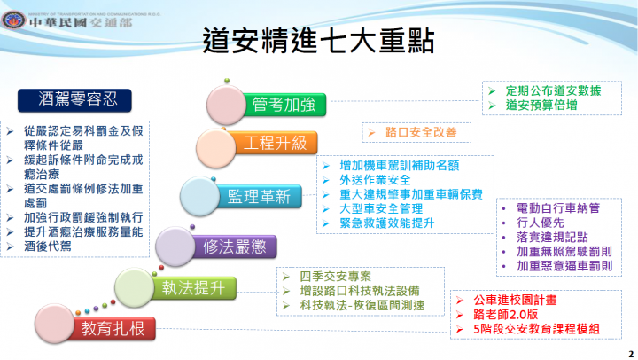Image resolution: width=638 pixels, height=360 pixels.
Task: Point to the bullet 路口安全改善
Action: (417, 133)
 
